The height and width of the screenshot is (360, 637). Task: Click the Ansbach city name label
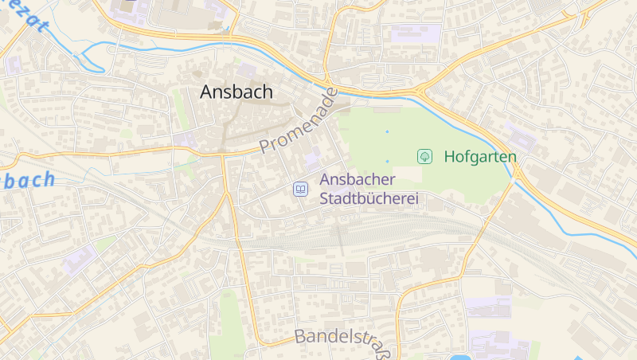236,92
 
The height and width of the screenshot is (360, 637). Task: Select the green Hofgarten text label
480,156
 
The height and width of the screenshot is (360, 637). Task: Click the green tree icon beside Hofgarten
425,156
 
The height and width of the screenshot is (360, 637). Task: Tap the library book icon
301,189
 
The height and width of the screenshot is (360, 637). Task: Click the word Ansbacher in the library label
356,181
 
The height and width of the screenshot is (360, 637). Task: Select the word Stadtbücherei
369,199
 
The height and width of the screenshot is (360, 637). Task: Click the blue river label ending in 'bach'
28,180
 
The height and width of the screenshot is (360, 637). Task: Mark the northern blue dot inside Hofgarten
388,131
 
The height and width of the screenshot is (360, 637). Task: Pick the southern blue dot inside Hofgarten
388,162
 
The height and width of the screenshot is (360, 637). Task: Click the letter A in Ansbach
208,92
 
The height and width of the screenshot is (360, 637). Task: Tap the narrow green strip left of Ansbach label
181,112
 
